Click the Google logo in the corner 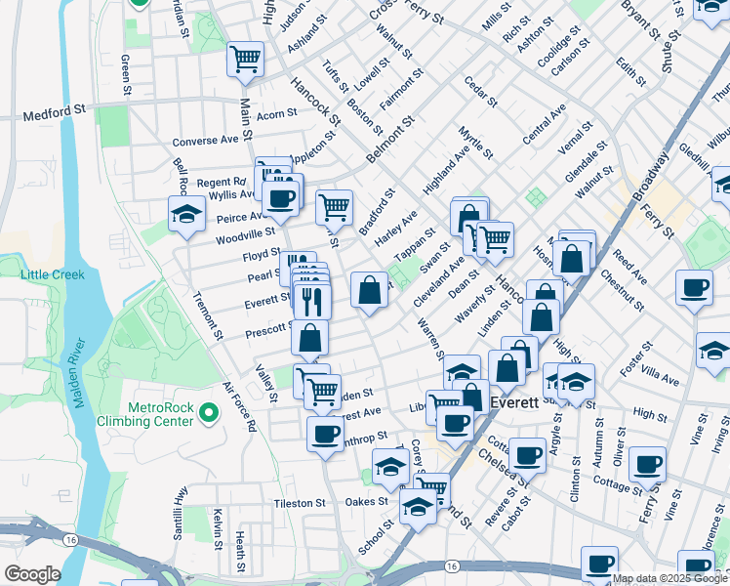coord(31,573)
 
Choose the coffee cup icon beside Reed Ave coord(694,289)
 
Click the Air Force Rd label coord(239,406)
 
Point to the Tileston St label coord(299,503)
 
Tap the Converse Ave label coord(206,140)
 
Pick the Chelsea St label coord(500,467)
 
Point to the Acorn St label coord(277,114)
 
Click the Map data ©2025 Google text coord(669,578)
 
